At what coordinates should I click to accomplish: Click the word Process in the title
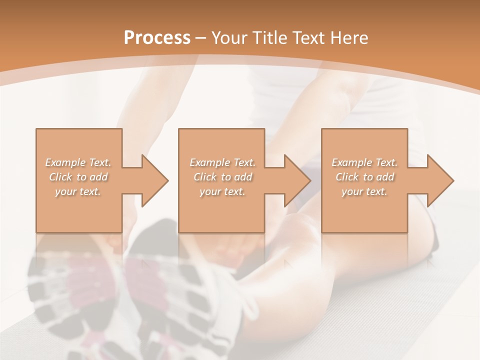coord(157,38)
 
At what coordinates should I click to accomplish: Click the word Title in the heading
coord(271,38)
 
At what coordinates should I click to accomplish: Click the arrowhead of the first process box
coord(154,180)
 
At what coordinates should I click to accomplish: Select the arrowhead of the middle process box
coord(297,180)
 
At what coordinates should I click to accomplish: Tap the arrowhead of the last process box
coord(440,180)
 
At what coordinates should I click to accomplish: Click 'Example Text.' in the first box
coord(78,162)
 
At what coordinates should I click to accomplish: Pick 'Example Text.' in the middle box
coord(222,162)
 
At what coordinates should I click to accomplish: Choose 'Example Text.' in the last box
coord(364,162)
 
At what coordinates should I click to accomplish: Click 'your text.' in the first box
coord(78,191)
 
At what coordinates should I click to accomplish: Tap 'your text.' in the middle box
coord(222,191)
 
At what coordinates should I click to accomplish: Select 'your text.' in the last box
coord(364,191)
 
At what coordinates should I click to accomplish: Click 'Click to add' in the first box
coord(78,177)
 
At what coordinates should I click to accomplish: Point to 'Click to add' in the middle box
coord(222,177)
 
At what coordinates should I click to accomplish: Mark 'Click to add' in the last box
coord(364,177)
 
